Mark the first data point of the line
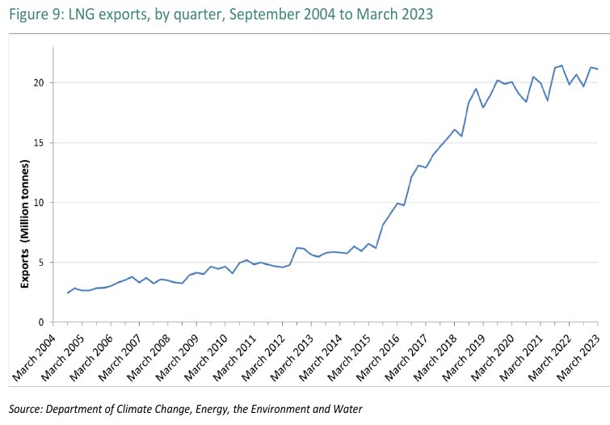coord(67,292)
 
